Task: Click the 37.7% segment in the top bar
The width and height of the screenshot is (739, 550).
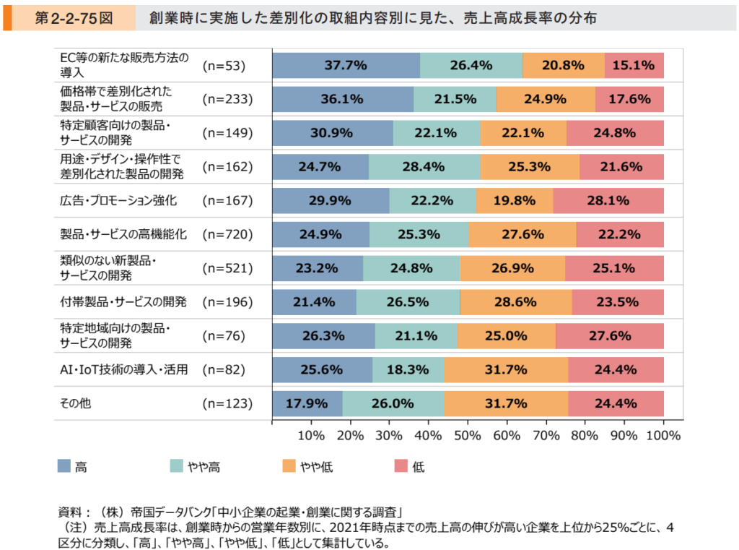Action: [x=346, y=65]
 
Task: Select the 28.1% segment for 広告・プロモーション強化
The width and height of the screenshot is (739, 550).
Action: [x=608, y=200]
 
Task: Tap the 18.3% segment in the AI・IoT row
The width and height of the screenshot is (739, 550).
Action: [x=408, y=369]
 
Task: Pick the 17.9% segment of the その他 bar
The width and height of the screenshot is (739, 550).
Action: [x=307, y=403]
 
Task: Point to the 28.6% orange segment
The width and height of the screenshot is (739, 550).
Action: [x=515, y=301]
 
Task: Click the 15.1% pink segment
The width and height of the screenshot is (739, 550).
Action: [x=634, y=65]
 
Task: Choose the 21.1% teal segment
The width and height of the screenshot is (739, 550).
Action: [x=416, y=335]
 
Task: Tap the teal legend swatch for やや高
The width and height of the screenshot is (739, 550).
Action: [x=178, y=466]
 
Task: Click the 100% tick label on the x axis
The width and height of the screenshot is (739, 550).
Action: [x=663, y=435]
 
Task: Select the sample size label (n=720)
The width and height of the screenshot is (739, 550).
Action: [x=227, y=234]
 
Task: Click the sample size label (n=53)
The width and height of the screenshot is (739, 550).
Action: [x=224, y=65]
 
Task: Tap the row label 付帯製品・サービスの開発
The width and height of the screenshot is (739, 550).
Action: [x=123, y=301]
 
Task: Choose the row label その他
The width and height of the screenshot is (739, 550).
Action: [x=75, y=403]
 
